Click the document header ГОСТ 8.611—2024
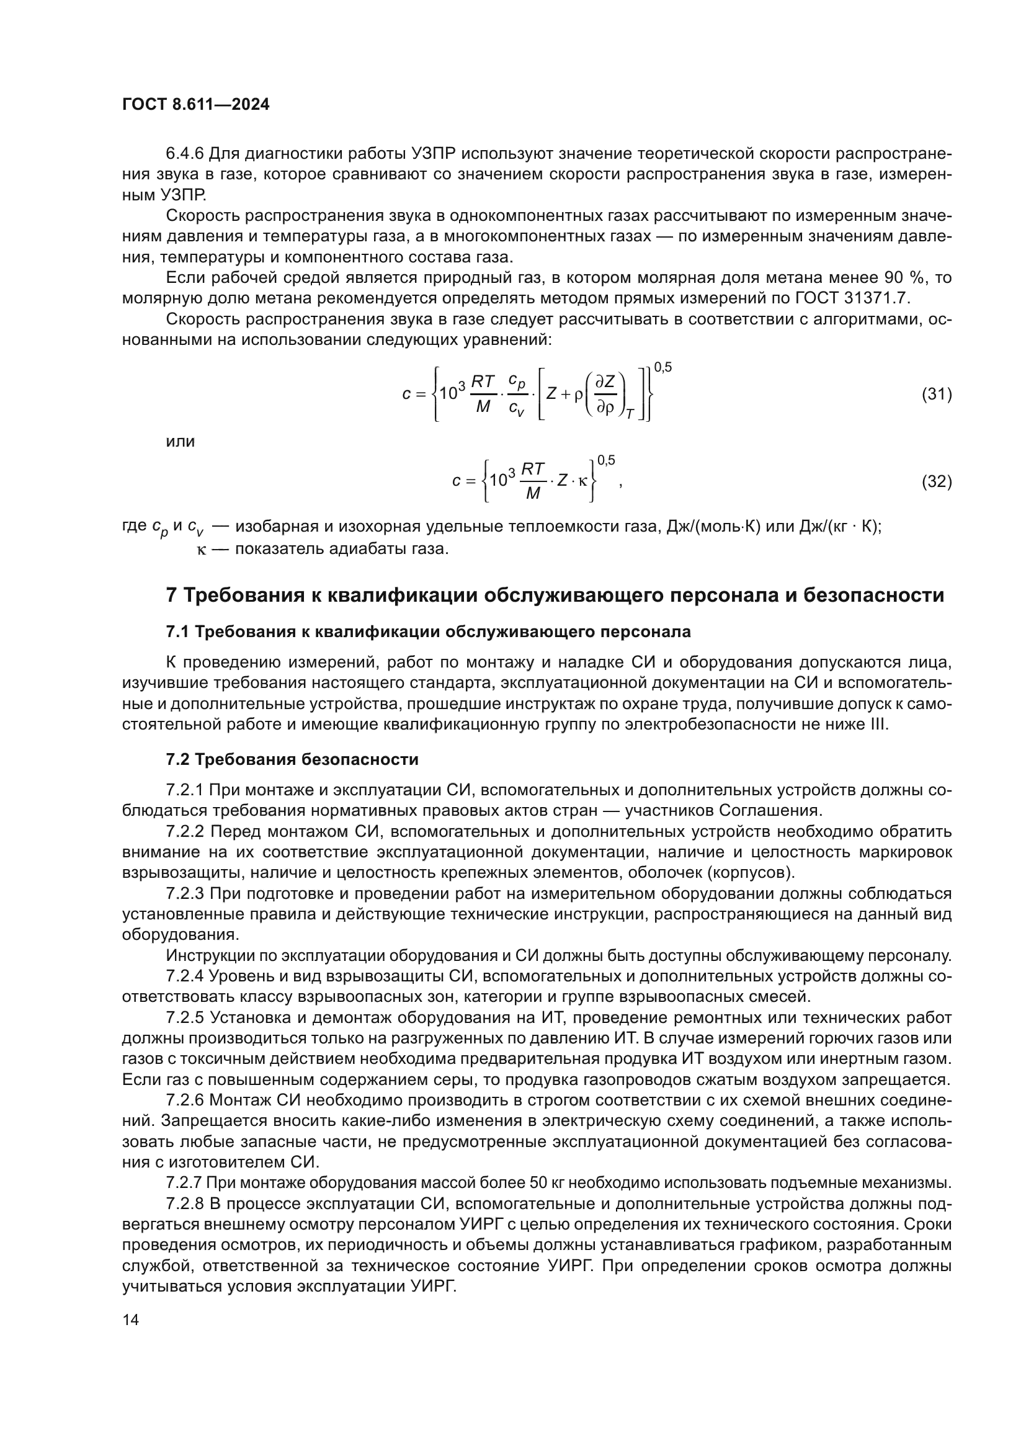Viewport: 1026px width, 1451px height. click(195, 104)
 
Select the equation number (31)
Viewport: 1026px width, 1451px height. click(936, 395)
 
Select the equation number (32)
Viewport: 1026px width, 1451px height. click(936, 481)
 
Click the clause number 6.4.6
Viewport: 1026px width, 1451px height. click(184, 154)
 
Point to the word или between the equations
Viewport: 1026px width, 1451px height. click(180, 441)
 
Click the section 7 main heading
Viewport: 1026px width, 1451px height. click(555, 595)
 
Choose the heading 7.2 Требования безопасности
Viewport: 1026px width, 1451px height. click(292, 759)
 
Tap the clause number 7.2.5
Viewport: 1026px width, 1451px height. click(185, 1017)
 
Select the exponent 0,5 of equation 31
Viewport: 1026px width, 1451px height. click(662, 367)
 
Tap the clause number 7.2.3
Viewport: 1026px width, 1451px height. click(185, 893)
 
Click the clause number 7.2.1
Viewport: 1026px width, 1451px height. click(185, 790)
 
